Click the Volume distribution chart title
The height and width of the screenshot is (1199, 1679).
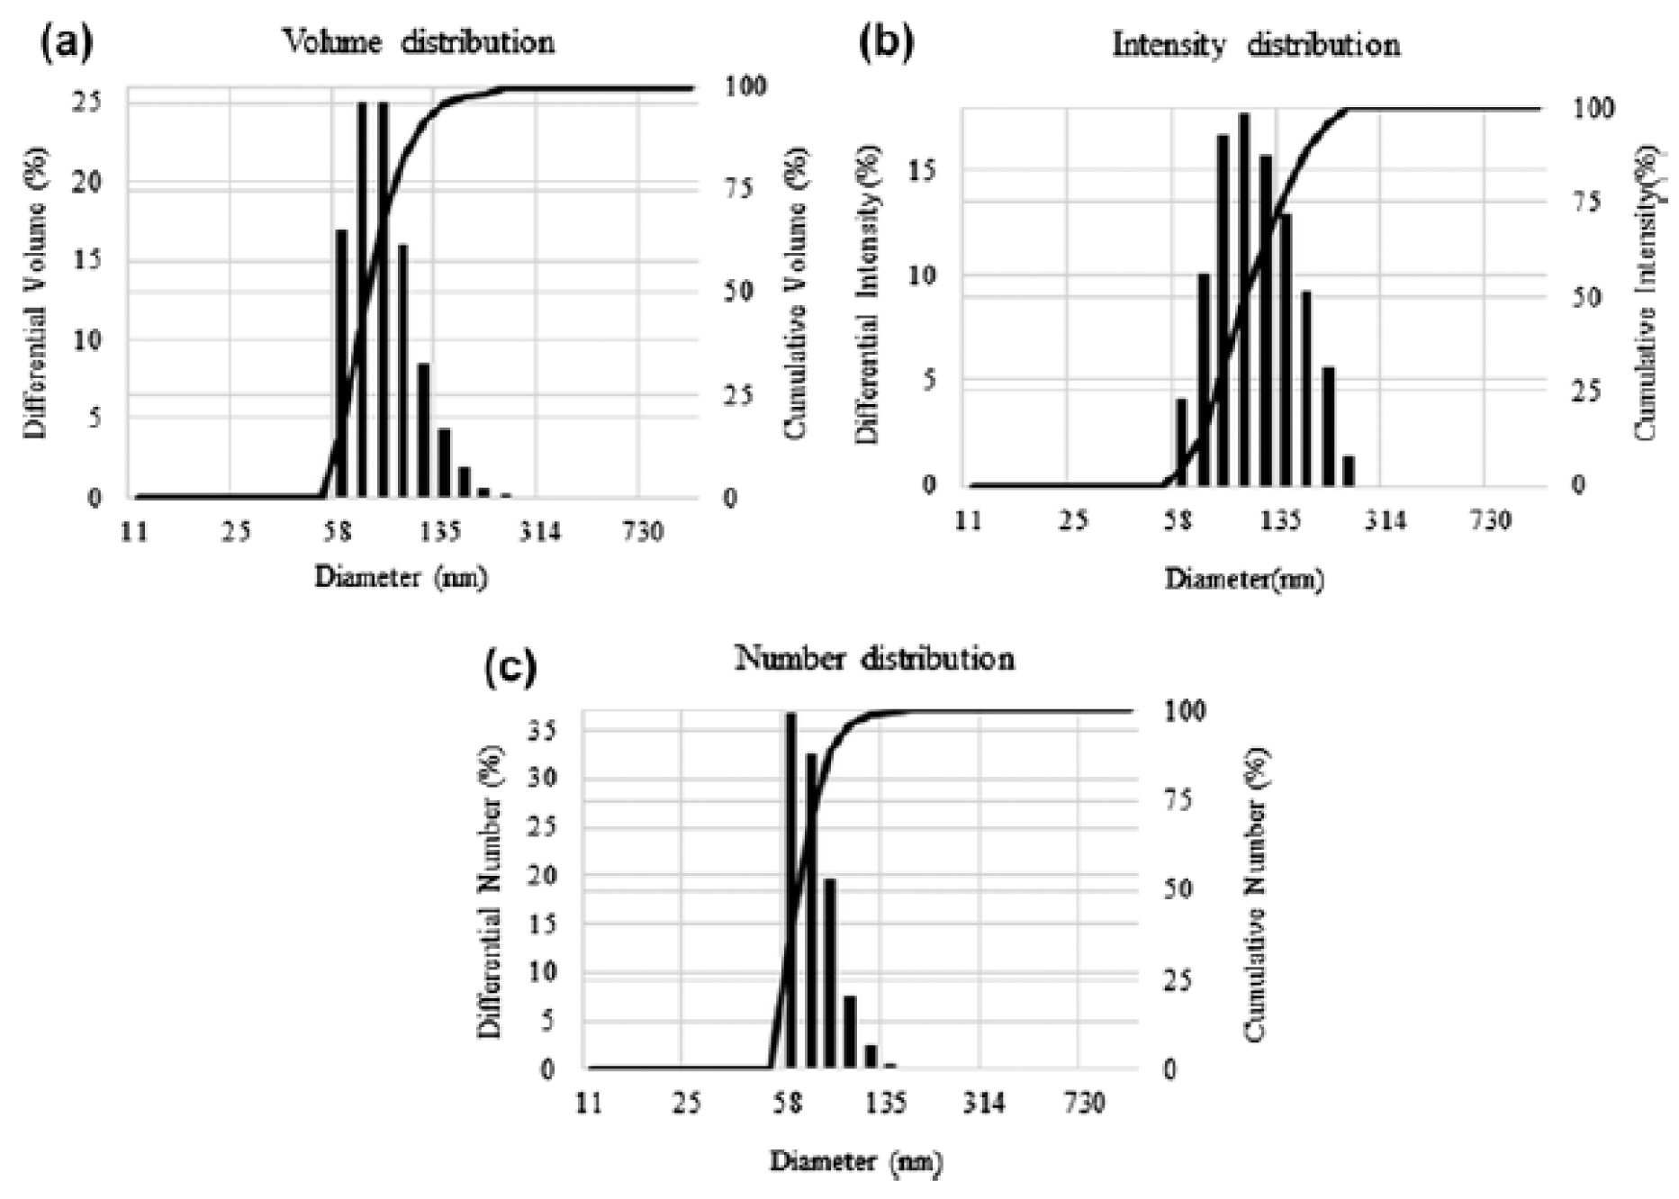(419, 41)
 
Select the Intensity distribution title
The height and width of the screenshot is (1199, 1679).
(1256, 44)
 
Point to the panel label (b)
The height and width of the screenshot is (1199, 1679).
(886, 43)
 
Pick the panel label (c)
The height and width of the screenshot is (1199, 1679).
(510, 667)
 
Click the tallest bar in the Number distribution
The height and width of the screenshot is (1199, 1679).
(791, 890)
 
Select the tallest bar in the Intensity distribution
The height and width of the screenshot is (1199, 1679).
(1245, 299)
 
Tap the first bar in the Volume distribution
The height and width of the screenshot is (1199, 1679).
(341, 364)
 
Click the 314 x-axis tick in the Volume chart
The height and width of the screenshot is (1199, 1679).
(538, 532)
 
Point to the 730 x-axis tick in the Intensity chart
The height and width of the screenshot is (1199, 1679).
(1489, 520)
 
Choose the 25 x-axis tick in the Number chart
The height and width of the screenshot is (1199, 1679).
(686, 1103)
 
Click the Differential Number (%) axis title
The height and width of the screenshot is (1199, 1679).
(491, 892)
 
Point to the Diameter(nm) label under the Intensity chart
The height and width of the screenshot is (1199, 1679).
(1244, 579)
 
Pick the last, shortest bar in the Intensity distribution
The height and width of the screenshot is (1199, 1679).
(1348, 471)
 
